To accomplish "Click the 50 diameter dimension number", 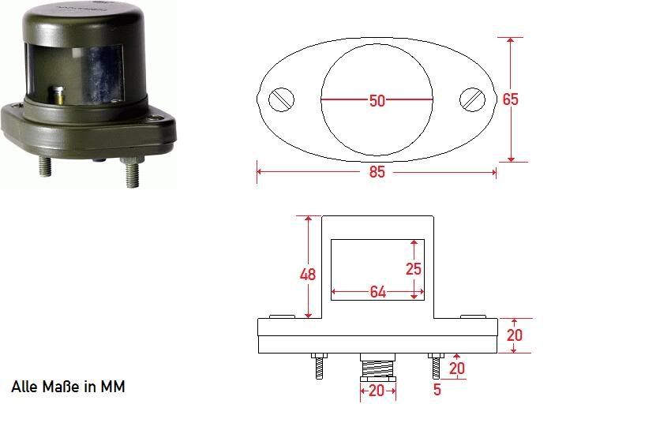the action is point(377,100).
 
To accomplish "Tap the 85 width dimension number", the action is point(377,172).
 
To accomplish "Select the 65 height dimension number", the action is point(511,99).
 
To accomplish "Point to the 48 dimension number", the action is point(308,275).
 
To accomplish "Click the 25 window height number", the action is point(414,268).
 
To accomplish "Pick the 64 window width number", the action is point(378,292).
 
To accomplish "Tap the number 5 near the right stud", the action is point(437,389).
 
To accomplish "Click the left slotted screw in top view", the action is point(281,100).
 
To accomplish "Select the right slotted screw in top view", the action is point(472,100).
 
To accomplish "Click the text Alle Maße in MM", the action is point(68,387).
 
